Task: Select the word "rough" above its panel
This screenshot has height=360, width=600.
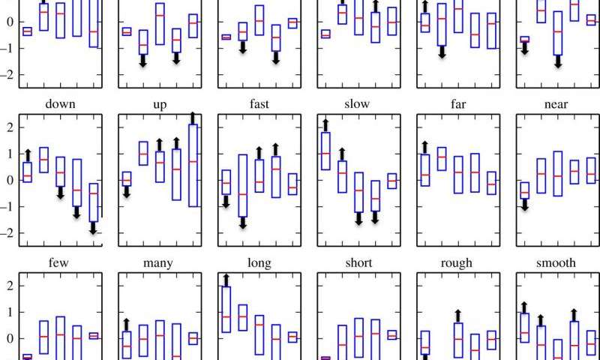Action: (x=456, y=263)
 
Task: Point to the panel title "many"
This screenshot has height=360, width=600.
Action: (x=158, y=263)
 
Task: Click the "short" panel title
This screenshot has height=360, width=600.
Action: (x=357, y=263)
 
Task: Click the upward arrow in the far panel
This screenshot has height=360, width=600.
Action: (x=425, y=147)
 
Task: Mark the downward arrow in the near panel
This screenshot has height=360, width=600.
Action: (x=525, y=204)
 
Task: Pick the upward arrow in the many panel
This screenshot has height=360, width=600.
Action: (x=127, y=325)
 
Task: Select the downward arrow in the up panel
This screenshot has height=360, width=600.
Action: (x=127, y=192)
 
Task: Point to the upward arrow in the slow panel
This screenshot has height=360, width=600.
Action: (x=325, y=125)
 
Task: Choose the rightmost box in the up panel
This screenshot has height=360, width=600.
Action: (x=193, y=165)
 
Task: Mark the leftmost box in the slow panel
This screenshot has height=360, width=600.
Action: (x=325, y=151)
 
